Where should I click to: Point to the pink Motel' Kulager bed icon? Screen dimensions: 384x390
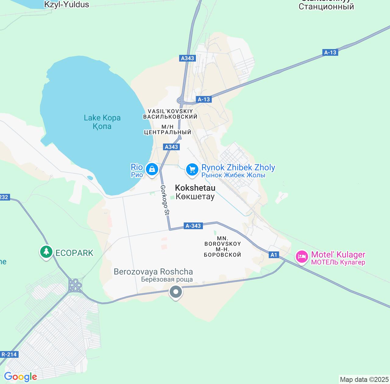[x=302, y=257]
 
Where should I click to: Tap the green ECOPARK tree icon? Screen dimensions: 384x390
[x=46, y=252]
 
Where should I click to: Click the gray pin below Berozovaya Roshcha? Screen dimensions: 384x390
[x=175, y=292]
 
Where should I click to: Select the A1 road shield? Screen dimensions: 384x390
[x=274, y=255]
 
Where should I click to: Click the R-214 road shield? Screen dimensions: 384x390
[x=9, y=354]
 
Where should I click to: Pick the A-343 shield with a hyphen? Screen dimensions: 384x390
[x=193, y=226]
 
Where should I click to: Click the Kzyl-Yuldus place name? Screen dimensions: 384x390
[x=67, y=5]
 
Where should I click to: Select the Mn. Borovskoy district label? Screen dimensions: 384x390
[x=223, y=246]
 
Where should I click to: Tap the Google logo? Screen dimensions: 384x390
[x=20, y=377]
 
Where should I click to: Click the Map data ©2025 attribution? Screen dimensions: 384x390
[x=364, y=380]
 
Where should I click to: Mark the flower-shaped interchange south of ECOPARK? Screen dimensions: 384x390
[x=75, y=286]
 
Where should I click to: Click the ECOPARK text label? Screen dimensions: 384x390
[x=74, y=253]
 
